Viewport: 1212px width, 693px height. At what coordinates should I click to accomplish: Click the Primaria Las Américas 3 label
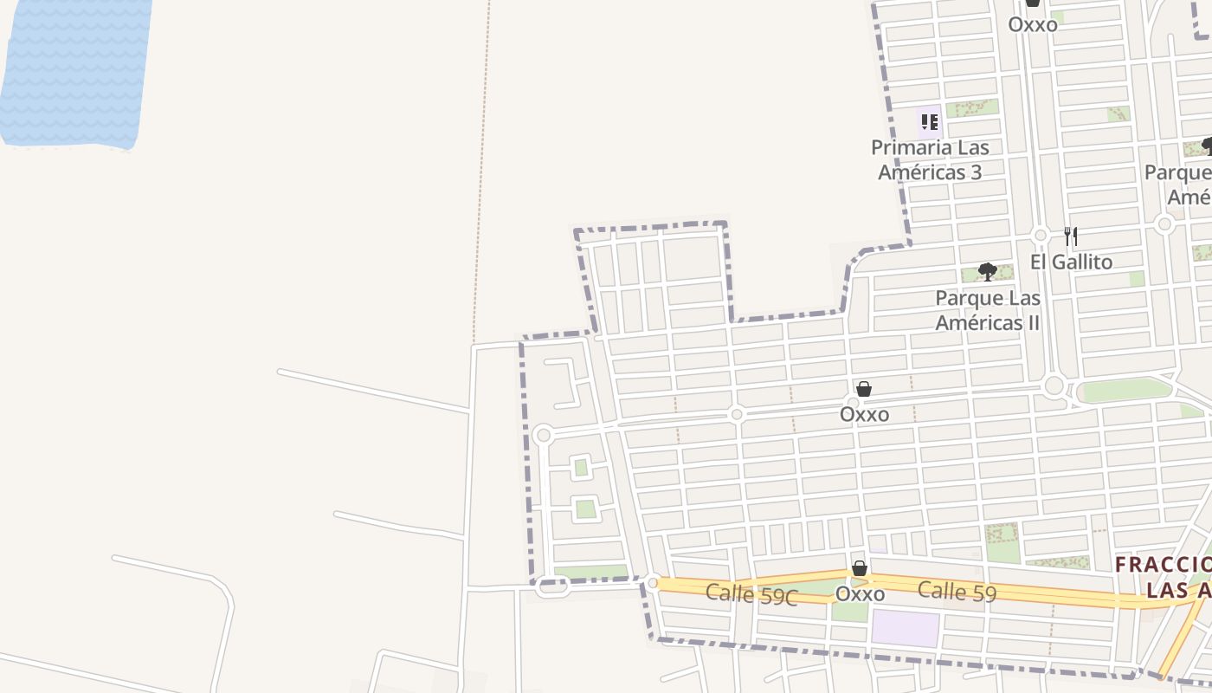(930, 159)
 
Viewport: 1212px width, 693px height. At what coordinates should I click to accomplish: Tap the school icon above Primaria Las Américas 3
(929, 121)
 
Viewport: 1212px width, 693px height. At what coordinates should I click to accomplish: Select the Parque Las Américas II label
(987, 310)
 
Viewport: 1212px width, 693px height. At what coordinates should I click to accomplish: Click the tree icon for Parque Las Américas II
(987, 273)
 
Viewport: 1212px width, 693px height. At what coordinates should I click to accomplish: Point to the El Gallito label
(1071, 262)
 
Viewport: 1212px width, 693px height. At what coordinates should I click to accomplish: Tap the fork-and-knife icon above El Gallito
(1071, 236)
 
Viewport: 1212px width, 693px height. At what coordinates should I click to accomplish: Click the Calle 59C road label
(751, 595)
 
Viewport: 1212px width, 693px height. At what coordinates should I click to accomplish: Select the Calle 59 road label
(957, 592)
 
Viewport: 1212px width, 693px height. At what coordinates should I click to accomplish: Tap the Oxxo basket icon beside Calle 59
(860, 568)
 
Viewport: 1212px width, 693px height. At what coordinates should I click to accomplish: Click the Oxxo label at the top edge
(1033, 24)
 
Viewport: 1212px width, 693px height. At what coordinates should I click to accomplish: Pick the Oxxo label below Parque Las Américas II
(864, 414)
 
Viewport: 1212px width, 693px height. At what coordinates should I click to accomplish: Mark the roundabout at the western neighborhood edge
(543, 435)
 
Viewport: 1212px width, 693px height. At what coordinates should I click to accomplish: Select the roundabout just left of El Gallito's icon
(1041, 236)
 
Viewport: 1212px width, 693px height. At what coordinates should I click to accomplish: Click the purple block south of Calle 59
(905, 628)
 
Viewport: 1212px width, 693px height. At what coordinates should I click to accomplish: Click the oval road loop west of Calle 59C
(551, 587)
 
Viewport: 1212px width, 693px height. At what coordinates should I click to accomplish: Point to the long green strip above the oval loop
(590, 572)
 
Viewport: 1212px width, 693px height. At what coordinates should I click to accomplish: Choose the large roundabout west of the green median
(1054, 386)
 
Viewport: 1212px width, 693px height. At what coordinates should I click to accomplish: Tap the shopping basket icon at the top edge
(1032, 3)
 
